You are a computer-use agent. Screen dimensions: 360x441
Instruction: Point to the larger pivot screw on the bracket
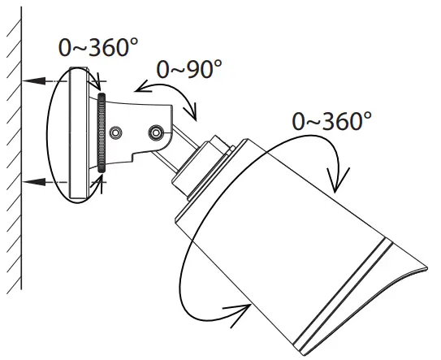[155, 131]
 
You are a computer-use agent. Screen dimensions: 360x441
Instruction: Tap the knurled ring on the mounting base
[101, 131]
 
